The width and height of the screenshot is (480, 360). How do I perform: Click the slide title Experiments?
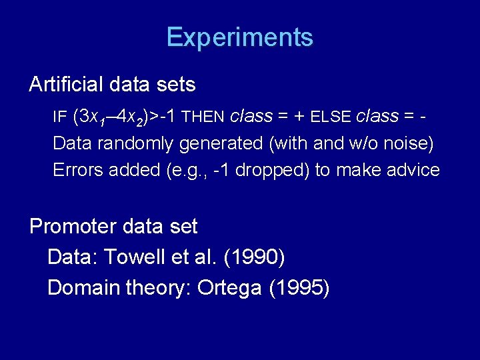240,37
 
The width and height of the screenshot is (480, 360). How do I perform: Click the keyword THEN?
203,117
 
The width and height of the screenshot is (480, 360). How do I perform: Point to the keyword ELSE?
331,117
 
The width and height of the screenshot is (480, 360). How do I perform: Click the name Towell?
129,257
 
